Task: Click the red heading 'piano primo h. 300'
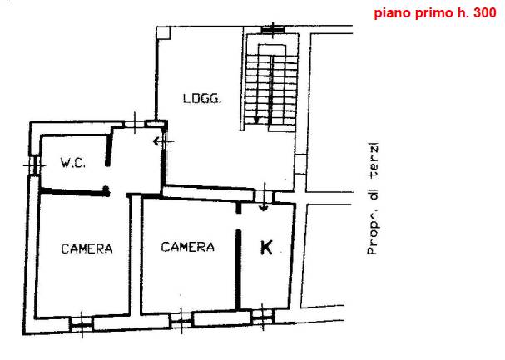click(435, 13)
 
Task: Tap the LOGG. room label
click(202, 98)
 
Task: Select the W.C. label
click(72, 163)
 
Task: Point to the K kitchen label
click(266, 248)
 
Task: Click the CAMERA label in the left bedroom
click(87, 249)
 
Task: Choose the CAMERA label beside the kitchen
click(187, 247)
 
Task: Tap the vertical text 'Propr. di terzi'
click(373, 200)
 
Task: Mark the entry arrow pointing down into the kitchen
click(264, 197)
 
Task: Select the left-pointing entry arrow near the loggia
click(163, 141)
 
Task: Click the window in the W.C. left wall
click(34, 165)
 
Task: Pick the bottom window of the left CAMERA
click(82, 323)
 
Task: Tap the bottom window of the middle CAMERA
click(181, 320)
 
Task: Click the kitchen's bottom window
click(263, 317)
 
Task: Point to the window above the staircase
click(273, 30)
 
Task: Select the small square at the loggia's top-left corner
click(164, 33)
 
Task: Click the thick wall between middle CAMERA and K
click(238, 269)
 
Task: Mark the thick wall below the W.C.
click(75, 192)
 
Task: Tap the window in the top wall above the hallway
click(135, 123)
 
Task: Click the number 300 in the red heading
click(485, 12)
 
